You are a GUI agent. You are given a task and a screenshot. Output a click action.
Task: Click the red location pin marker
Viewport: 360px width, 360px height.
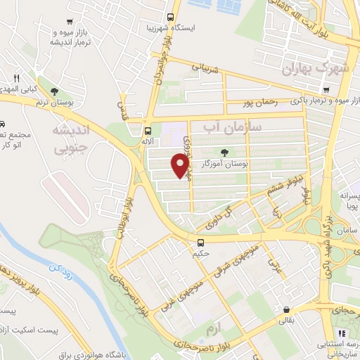pyautogui.click(x=181, y=166)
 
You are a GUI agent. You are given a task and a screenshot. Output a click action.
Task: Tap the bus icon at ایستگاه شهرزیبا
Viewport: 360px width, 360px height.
pyautogui.click(x=170, y=18)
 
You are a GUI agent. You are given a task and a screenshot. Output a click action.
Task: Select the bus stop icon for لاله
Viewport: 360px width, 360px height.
pyautogui.click(x=148, y=130)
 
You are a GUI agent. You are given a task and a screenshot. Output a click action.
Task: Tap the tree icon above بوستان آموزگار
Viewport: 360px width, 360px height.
pyautogui.click(x=224, y=151)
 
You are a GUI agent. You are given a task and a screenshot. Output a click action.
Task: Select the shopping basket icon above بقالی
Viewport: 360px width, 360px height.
pyautogui.click(x=286, y=309)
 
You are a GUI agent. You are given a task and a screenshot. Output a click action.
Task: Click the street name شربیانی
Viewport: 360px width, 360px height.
pyautogui.click(x=205, y=67)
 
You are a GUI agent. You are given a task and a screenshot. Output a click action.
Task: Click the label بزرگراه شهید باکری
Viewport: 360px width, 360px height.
pyautogui.click(x=326, y=243)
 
